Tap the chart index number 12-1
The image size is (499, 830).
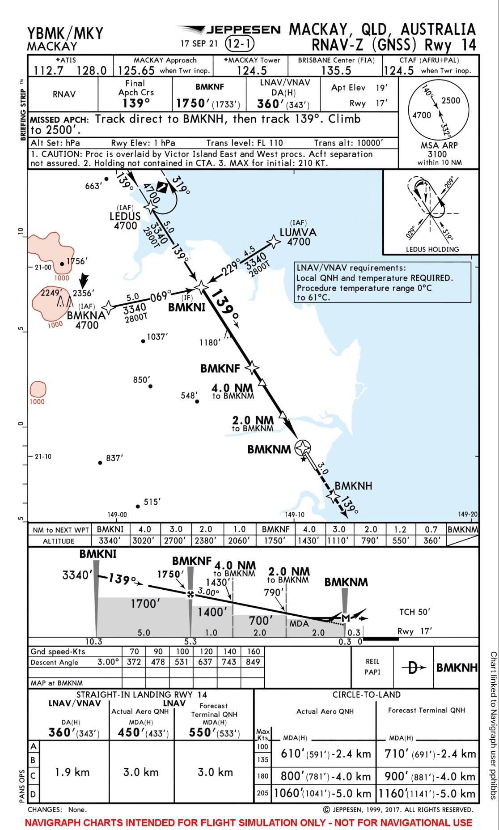click(239, 44)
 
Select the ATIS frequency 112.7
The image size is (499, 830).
click(48, 71)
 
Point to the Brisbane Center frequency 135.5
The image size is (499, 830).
click(336, 71)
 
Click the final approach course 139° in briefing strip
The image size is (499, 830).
click(136, 103)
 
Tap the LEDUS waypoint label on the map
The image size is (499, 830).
click(125, 217)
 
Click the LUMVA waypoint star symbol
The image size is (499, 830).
click(273, 242)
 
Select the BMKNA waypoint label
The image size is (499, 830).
click(86, 315)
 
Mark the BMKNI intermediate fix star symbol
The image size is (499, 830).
click(202, 287)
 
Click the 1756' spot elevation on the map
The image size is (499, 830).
click(76, 261)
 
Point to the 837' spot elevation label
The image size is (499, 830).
click(114, 458)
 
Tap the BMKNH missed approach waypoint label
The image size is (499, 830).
click(353, 486)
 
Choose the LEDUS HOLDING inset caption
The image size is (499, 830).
click(432, 249)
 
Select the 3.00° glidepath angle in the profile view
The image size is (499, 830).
click(208, 591)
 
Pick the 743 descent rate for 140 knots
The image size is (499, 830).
click(229, 662)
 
